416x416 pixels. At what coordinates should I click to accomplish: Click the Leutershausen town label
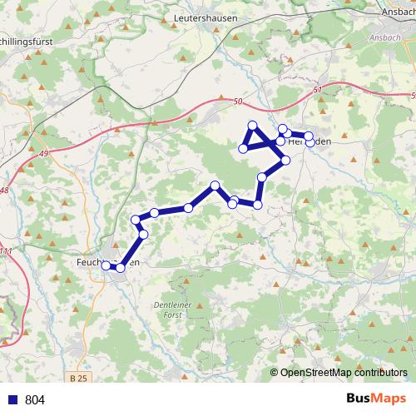click(x=206, y=17)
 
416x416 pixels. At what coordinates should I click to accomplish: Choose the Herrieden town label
click(x=309, y=141)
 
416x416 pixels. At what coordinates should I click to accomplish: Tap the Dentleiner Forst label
click(x=173, y=310)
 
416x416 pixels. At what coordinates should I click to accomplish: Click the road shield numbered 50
click(x=240, y=102)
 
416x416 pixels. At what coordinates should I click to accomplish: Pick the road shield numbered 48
click(x=6, y=191)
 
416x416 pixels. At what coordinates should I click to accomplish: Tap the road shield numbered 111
click(x=7, y=251)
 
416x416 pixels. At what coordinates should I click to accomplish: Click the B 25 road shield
click(x=79, y=379)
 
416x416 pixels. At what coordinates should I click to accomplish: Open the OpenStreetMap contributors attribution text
click(x=343, y=373)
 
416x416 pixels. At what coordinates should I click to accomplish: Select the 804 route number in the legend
click(x=35, y=400)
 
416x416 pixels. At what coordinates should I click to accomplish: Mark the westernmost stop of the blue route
click(x=106, y=266)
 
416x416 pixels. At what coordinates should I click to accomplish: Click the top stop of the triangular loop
click(x=253, y=126)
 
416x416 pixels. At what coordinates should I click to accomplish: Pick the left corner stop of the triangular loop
click(x=243, y=149)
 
